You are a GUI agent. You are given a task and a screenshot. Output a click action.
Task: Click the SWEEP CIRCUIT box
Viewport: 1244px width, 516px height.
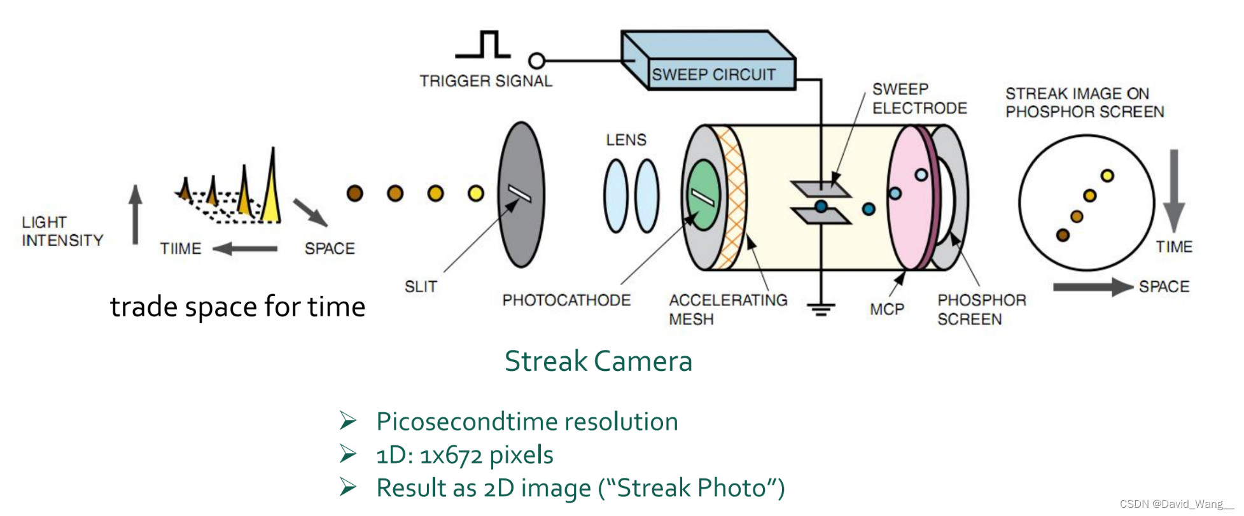tap(713, 74)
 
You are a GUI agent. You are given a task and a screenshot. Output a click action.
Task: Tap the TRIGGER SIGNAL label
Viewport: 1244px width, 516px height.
tap(486, 81)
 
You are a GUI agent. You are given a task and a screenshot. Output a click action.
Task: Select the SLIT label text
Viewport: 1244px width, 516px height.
tap(421, 286)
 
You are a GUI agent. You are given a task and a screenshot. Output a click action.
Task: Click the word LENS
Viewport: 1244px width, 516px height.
tap(625, 139)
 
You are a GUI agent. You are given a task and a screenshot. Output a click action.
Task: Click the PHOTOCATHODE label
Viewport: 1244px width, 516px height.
tap(566, 300)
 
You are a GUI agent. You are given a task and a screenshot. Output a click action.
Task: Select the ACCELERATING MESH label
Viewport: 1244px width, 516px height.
tap(727, 309)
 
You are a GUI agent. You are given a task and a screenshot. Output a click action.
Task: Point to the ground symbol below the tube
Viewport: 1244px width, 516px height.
tap(821, 309)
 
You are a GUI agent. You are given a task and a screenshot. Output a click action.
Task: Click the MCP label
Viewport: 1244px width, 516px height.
tap(886, 309)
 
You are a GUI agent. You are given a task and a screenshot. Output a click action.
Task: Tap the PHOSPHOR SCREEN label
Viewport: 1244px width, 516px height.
tap(981, 309)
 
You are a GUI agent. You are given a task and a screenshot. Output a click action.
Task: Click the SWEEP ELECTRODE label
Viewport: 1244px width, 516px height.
tap(919, 99)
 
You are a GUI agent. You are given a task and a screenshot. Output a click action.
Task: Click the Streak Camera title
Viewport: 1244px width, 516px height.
tap(598, 361)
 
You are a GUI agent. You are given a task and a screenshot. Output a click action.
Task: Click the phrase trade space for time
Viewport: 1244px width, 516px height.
tap(237, 307)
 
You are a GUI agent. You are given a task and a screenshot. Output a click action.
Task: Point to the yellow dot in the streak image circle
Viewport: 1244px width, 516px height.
tap(1107, 176)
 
